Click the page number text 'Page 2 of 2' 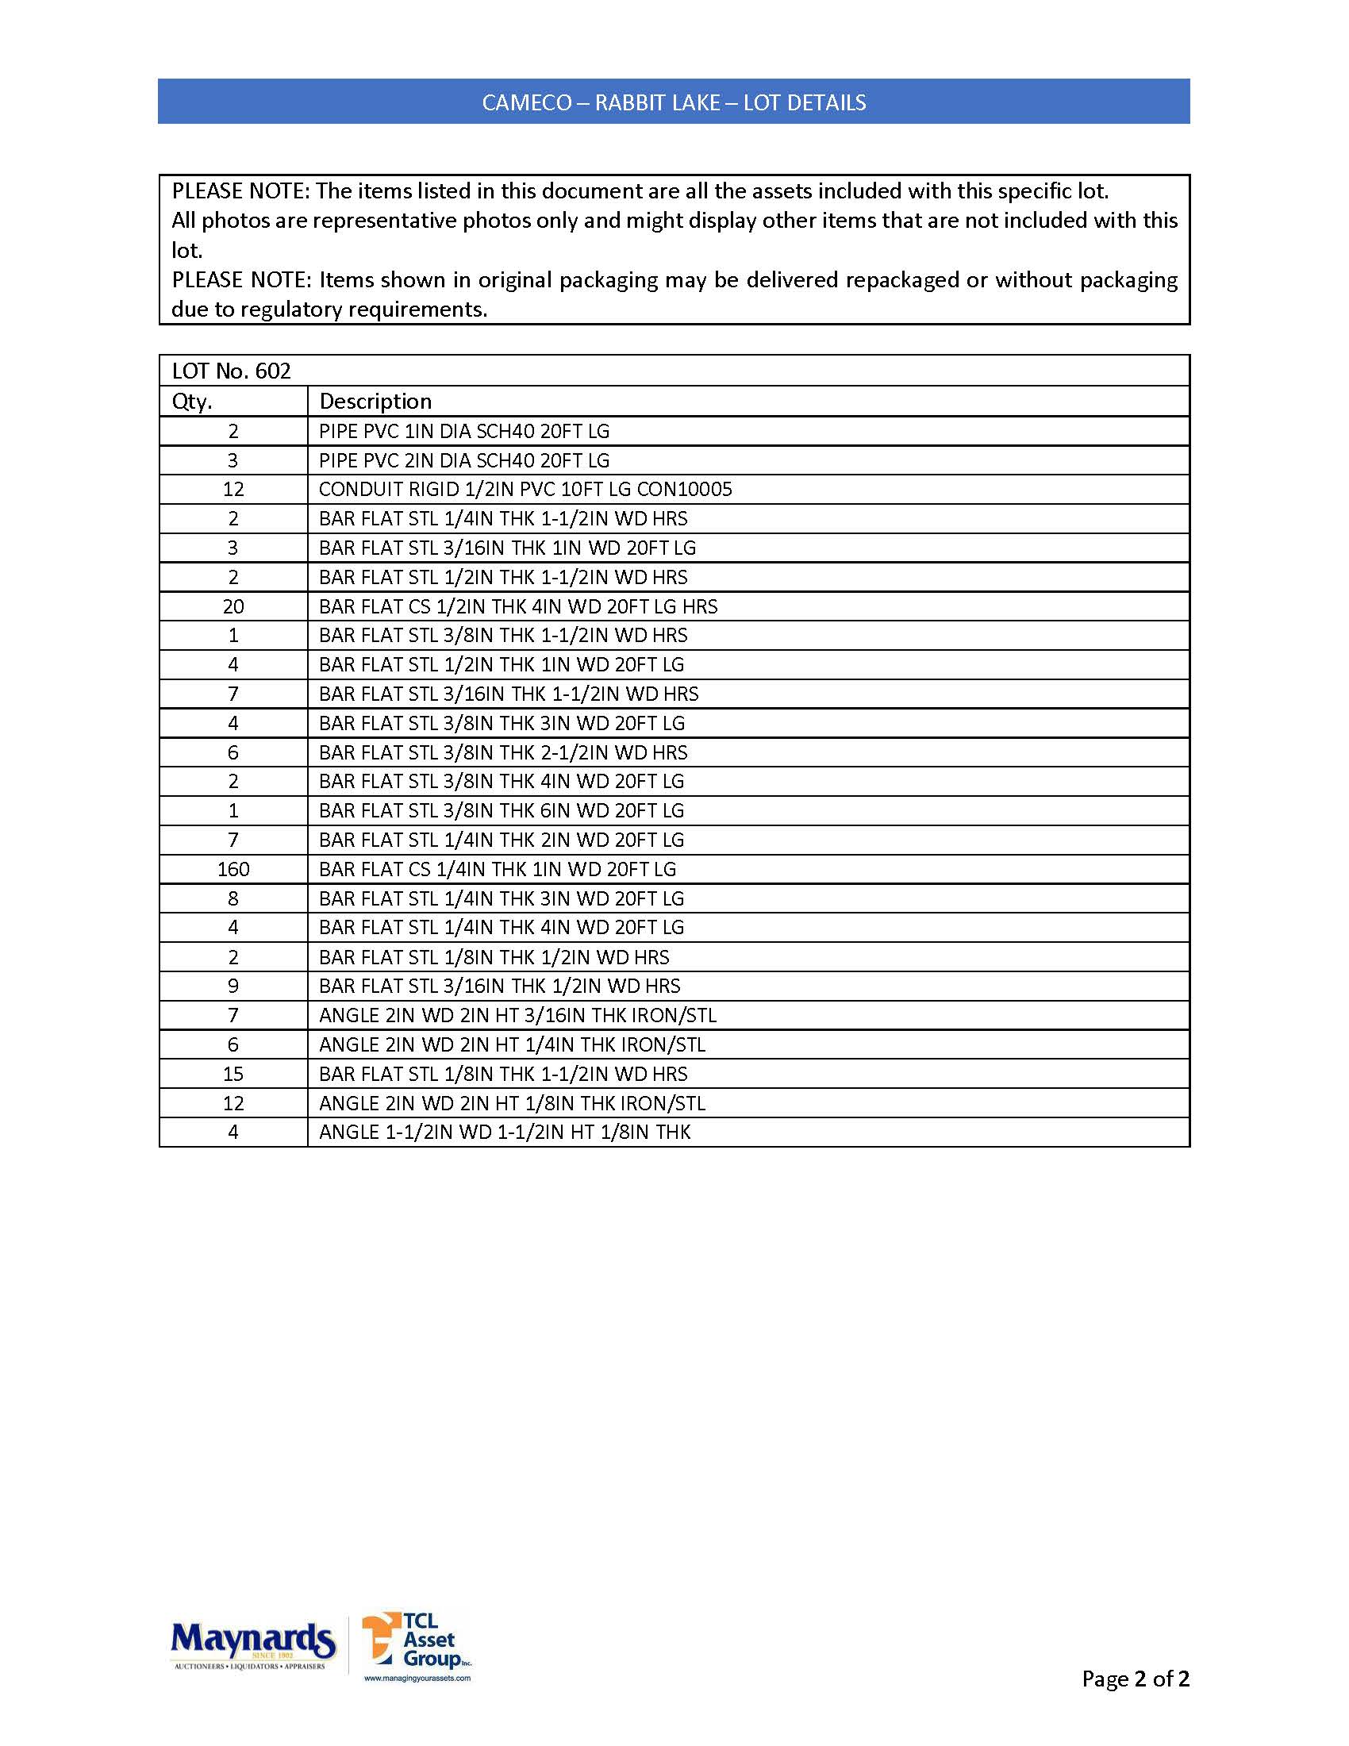coord(1135,1678)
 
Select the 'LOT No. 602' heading coord(231,371)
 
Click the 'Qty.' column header coord(192,402)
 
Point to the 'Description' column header coord(375,402)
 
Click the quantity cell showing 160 coord(233,869)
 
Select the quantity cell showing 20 coord(233,607)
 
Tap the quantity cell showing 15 coord(233,1074)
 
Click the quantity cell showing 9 coord(233,986)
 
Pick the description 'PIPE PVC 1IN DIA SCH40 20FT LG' coord(463,432)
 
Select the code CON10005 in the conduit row coord(684,489)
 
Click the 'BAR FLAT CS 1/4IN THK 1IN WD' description coord(497,869)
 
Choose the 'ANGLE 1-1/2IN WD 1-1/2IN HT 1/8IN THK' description coord(504,1132)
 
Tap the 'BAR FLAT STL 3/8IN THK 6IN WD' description coord(501,810)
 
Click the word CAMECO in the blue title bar coord(527,102)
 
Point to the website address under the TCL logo coord(417,1678)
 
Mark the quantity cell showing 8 coord(233,898)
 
